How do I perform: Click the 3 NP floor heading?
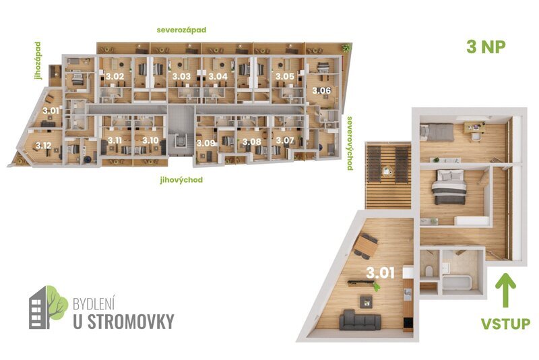[x=486, y=47]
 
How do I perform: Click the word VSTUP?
[x=506, y=324]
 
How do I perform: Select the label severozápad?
[x=181, y=30]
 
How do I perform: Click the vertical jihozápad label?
[x=38, y=60]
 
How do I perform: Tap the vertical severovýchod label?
[x=350, y=143]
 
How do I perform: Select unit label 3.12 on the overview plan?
[x=44, y=145]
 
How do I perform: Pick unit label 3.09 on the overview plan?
[x=205, y=143]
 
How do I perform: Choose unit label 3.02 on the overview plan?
[x=115, y=77]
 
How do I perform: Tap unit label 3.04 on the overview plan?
[x=218, y=77]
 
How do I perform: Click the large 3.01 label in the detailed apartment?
[x=381, y=273]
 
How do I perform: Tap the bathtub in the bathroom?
[x=458, y=281]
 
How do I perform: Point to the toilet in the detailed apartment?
[x=429, y=272]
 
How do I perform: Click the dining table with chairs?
[x=367, y=245]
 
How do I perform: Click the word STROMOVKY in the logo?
[x=123, y=321]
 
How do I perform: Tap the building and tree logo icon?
[x=47, y=307]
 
